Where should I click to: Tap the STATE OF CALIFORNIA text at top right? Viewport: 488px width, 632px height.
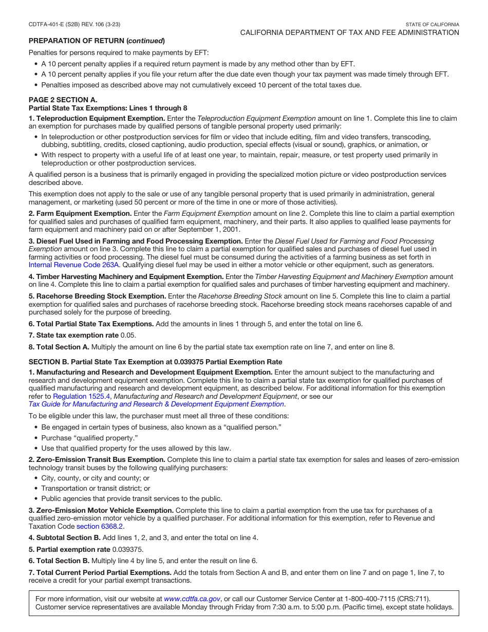[432, 25]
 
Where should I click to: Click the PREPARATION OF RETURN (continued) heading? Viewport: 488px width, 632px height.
[97, 41]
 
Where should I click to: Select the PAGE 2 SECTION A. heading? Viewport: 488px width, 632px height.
[63, 100]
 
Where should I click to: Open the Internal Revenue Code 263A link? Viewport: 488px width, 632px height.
[74, 265]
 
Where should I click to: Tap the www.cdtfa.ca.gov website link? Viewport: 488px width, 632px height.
[192, 599]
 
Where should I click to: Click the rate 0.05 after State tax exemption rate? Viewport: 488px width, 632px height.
[127, 336]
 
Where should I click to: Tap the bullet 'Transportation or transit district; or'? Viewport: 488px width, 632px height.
[96, 489]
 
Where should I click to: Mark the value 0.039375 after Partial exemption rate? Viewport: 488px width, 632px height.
[128, 549]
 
